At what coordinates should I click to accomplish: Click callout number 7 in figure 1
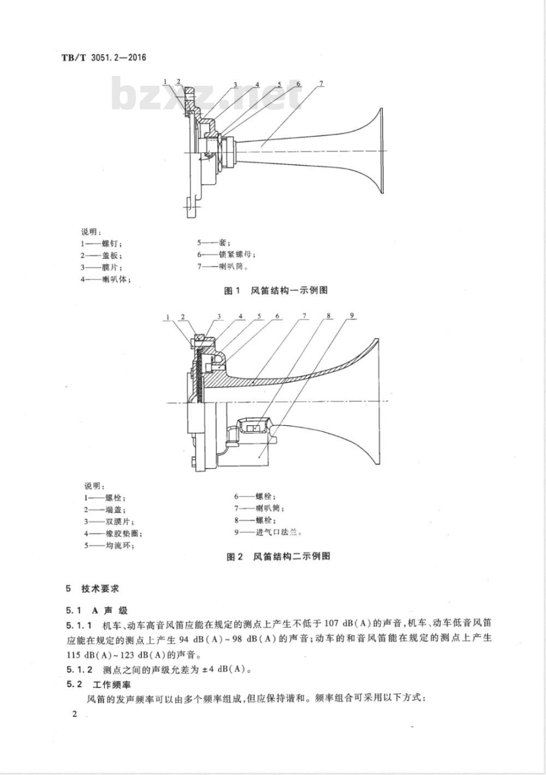click(321, 83)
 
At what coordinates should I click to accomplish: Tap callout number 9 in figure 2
click(352, 315)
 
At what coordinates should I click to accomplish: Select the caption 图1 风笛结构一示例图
click(276, 290)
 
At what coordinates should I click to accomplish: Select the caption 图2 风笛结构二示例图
click(278, 556)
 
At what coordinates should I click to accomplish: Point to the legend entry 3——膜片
click(103, 267)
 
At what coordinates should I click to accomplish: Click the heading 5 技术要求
click(92, 589)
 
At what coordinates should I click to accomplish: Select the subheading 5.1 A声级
click(96, 610)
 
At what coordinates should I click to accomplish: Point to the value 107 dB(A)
click(348, 624)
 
